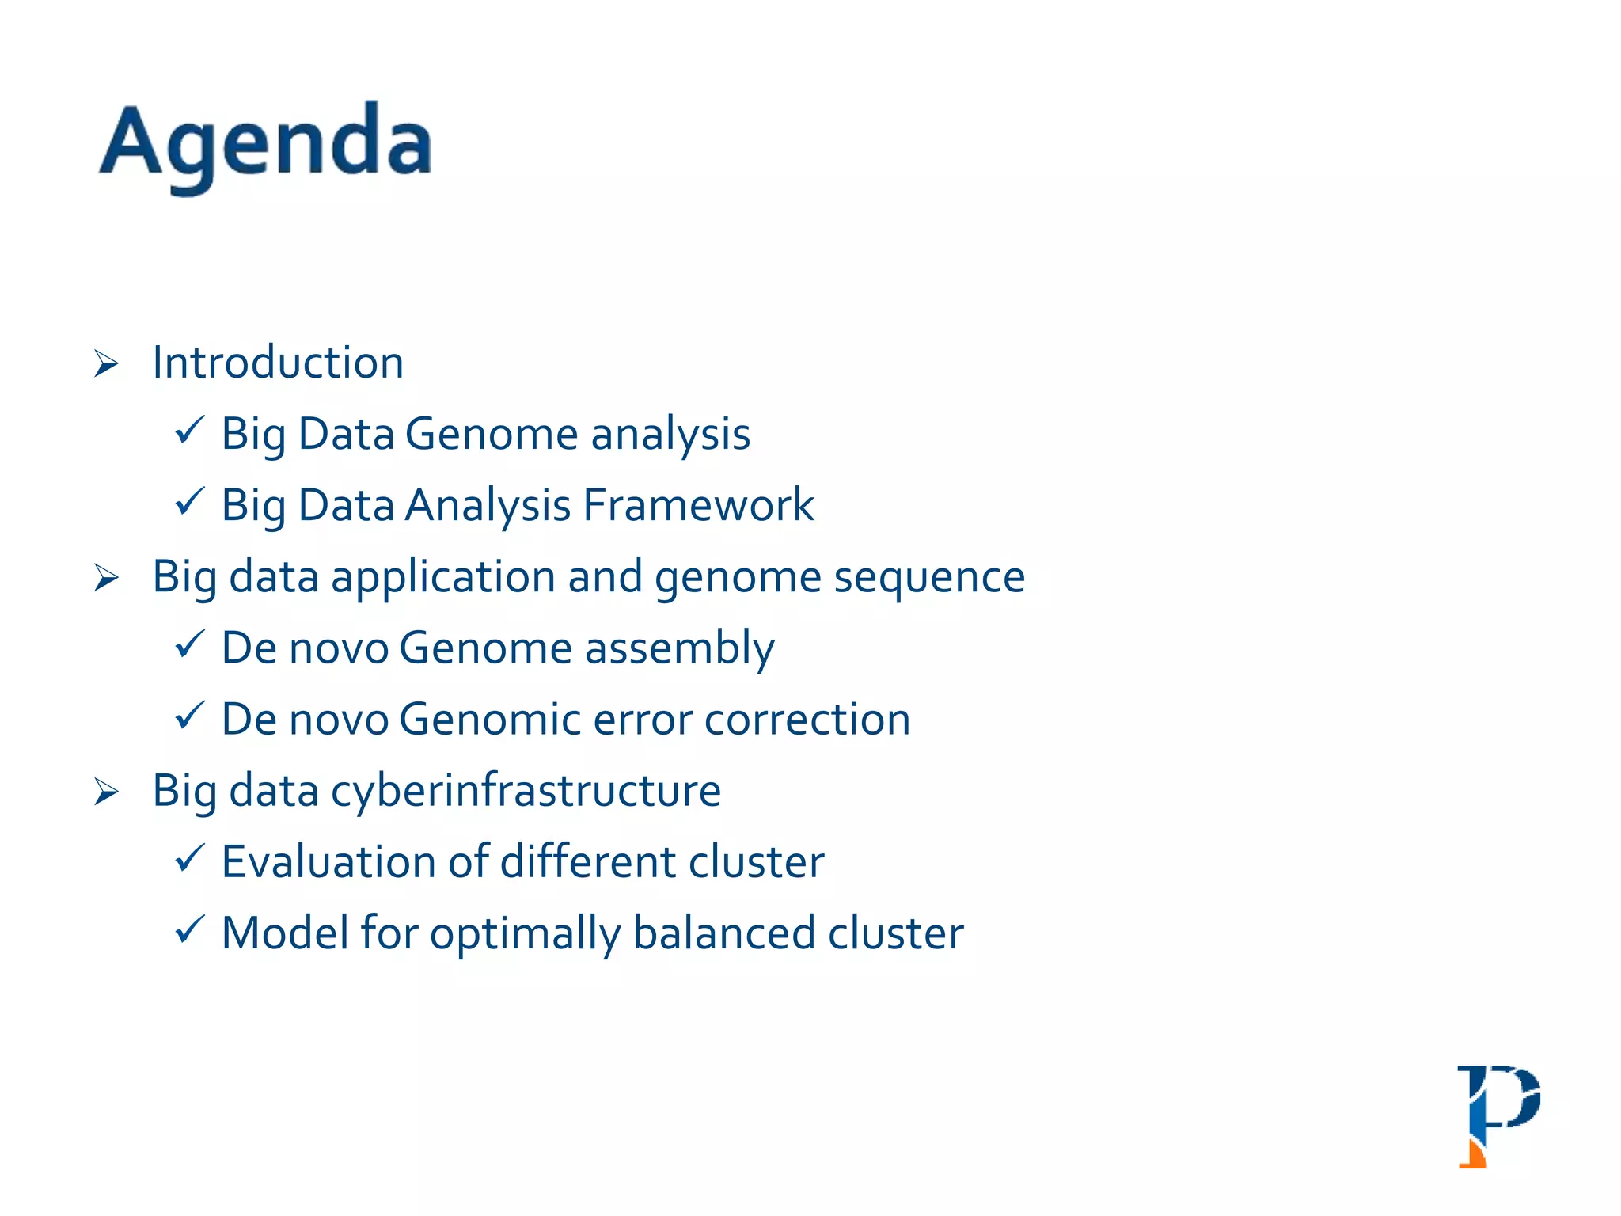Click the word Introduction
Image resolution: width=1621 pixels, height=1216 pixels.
pos(278,363)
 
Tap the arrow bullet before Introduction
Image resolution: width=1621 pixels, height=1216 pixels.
pos(106,364)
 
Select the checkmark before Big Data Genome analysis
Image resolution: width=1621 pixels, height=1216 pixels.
pos(190,431)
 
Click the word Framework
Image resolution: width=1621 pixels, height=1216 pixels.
pos(698,505)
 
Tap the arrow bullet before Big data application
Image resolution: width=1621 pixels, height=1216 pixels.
pos(106,578)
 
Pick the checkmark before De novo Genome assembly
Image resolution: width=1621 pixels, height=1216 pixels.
pos(190,644)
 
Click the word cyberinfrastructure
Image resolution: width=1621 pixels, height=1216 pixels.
pos(526,792)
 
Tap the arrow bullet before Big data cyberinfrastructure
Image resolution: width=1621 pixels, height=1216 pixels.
pos(106,792)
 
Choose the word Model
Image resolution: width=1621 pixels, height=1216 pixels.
pos(285,933)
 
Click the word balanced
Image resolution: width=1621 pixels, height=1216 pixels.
pos(724,933)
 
